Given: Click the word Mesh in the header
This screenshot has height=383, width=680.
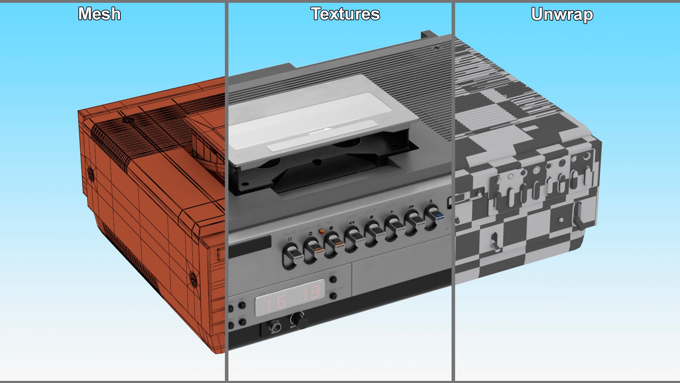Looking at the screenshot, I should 99,14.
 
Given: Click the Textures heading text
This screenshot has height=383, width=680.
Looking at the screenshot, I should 345,14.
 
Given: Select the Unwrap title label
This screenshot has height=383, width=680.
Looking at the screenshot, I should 562,15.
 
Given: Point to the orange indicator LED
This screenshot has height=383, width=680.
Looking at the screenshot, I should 322,232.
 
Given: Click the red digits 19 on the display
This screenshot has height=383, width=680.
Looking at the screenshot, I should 312,293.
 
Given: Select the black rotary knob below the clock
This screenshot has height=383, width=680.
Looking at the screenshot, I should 301,321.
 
